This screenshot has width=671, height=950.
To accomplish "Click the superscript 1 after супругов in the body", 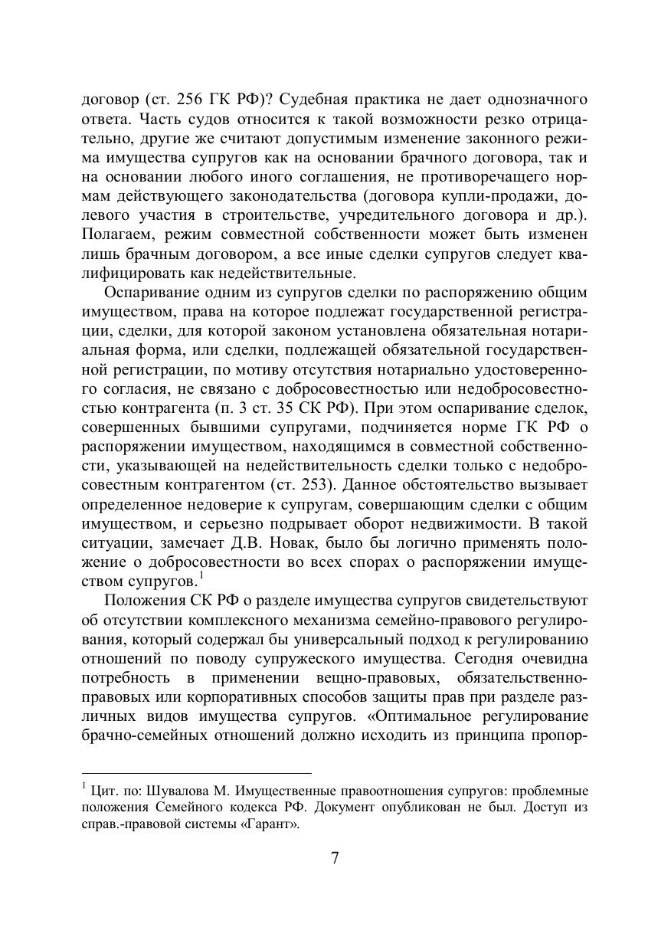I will coord(200,576).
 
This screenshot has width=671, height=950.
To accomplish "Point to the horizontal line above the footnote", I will coord(197,773).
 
